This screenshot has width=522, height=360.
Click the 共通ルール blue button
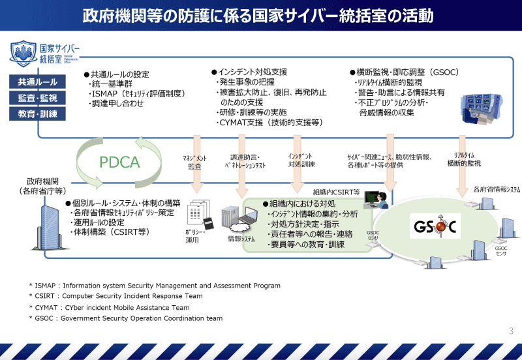(x=38, y=82)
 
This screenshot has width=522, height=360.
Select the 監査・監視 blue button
(x=38, y=98)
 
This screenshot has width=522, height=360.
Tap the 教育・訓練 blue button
(x=38, y=115)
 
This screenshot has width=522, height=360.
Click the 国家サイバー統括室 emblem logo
(x=23, y=53)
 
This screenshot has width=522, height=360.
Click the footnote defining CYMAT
(x=110, y=307)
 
